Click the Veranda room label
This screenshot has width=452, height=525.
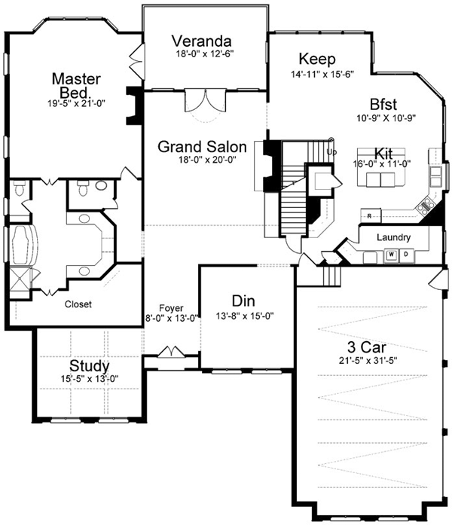(x=200, y=41)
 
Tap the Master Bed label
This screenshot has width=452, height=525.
(x=72, y=84)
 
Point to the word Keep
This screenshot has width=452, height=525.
(x=317, y=59)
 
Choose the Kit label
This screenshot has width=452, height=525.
(x=382, y=154)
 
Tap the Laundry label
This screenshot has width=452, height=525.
(x=393, y=238)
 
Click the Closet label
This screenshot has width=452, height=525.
(x=78, y=305)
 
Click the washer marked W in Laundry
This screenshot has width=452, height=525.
(x=392, y=255)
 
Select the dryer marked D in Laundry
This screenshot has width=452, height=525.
(x=405, y=255)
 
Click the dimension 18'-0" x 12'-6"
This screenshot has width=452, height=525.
(x=201, y=53)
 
